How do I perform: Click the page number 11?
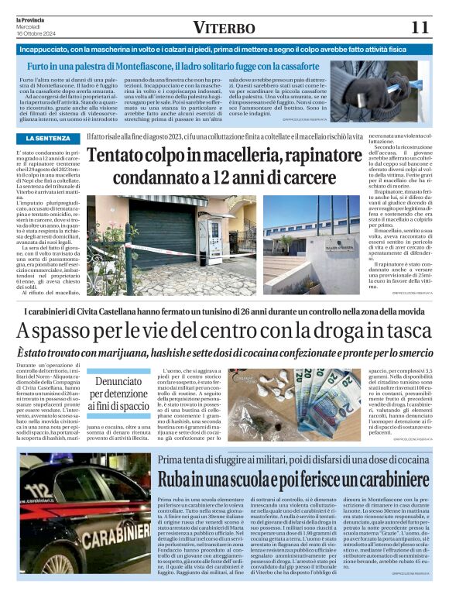pyautogui.click(x=420, y=27)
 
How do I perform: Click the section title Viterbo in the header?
pyautogui.click(x=224, y=28)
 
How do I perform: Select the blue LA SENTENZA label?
pyautogui.click(x=48, y=138)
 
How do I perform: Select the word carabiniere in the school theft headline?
pyautogui.click(x=349, y=480)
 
